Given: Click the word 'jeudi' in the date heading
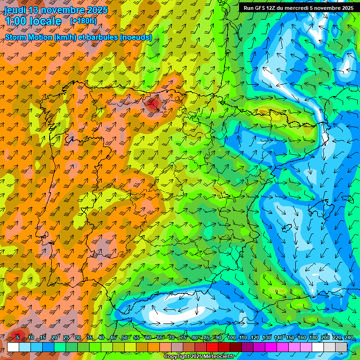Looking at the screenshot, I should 15,10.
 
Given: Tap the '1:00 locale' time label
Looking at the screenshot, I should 33,21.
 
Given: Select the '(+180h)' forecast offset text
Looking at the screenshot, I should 83,21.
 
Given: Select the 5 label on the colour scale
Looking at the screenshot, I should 18,338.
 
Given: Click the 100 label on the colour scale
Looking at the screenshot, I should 232,338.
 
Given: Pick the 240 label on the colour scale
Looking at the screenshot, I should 348,338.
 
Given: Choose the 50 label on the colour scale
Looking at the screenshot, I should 124,338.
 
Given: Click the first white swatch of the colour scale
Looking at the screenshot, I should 13,347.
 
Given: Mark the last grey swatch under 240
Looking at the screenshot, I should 341,347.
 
